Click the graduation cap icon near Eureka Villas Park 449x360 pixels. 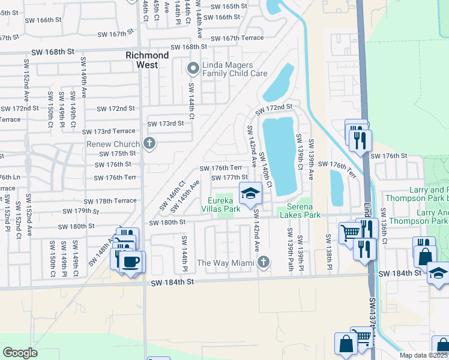coord(250,193)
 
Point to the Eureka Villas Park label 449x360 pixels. coord(224,205)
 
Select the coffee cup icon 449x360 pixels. coord(131,262)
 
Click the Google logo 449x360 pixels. coord(20,352)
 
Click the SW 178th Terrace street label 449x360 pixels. coord(110,201)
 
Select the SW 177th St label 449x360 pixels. coord(229,177)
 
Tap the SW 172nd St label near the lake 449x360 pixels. coord(273,109)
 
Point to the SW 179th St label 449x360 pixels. coord(82,211)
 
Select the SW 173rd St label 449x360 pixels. coord(165,124)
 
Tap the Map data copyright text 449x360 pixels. coord(424,355)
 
